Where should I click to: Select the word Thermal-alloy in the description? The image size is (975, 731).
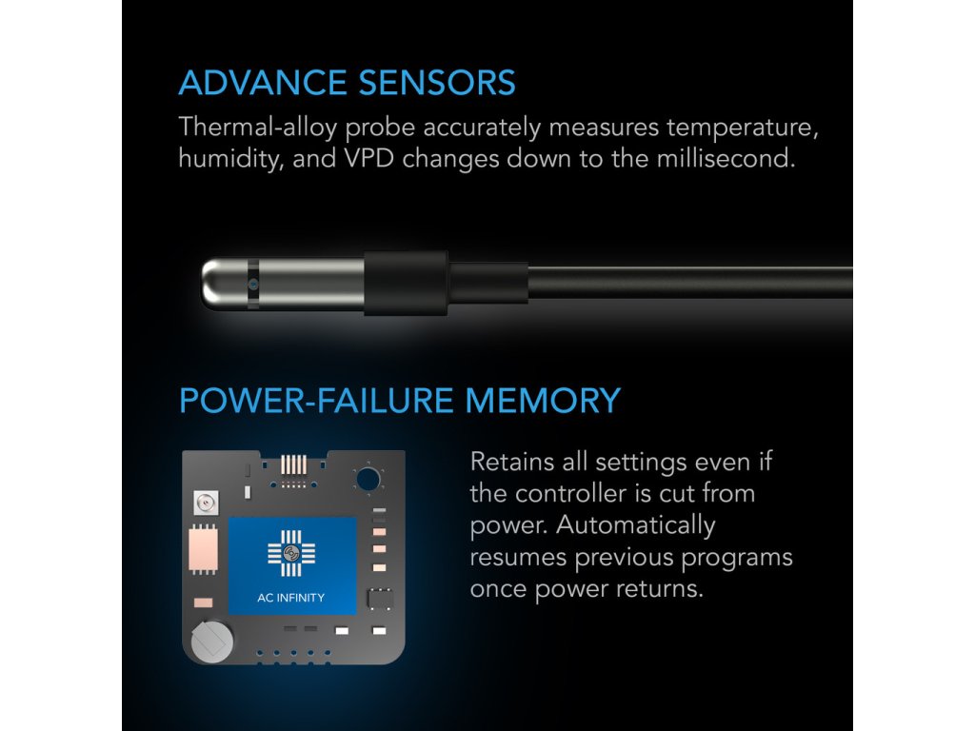click(258, 128)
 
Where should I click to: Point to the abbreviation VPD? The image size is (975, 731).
click(369, 159)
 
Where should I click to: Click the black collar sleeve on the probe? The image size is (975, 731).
click(406, 283)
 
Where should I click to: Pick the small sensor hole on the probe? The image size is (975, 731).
click(252, 285)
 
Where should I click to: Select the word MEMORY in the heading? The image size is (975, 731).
click(543, 401)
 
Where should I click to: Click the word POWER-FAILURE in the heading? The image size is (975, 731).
click(316, 401)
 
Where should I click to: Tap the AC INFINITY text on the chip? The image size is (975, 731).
click(291, 598)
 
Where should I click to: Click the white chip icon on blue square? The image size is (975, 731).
click(291, 553)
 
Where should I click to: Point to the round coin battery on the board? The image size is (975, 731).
click(212, 641)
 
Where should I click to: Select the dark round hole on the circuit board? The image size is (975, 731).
click(368, 480)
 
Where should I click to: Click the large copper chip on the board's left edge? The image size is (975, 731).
click(203, 550)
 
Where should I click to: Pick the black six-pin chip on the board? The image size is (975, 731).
click(380, 599)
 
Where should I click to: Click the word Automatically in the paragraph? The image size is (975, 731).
click(635, 525)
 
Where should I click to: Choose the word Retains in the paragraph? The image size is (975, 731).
click(511, 462)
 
